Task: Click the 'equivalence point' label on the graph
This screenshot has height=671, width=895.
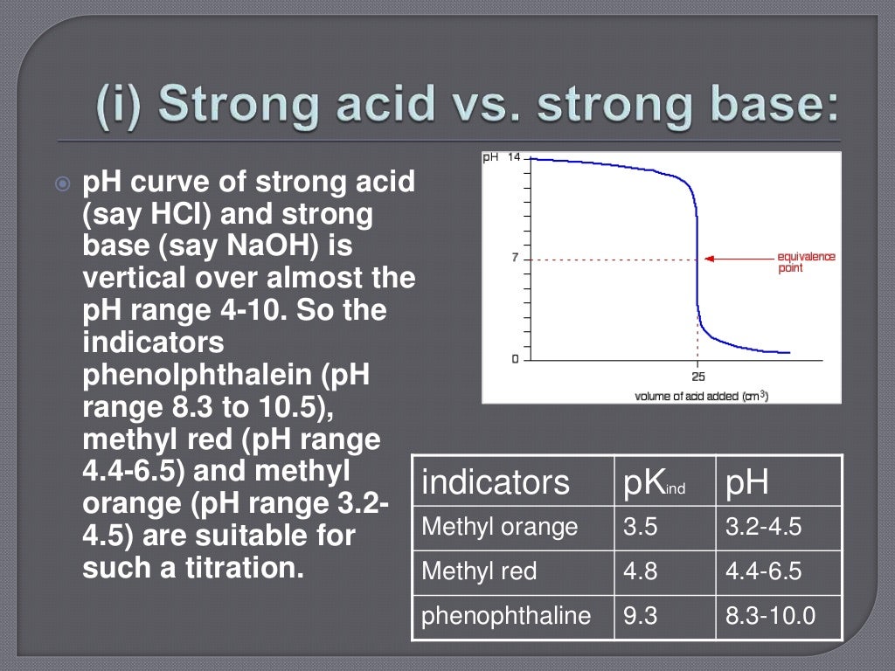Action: pyautogui.click(x=805, y=262)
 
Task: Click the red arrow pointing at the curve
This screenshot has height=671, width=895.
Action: pyautogui.click(x=738, y=259)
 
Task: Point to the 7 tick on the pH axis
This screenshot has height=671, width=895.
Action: pyautogui.click(x=516, y=258)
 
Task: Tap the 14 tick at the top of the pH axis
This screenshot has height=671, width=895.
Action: pyautogui.click(x=513, y=157)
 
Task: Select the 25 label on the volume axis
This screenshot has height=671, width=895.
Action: pyautogui.click(x=697, y=377)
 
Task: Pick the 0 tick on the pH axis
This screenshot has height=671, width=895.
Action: pyautogui.click(x=516, y=358)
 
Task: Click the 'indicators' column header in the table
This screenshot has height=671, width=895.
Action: pyautogui.click(x=495, y=481)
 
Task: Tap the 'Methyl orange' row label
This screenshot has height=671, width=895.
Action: pyautogui.click(x=499, y=527)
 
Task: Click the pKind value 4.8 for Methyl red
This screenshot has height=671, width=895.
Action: pyautogui.click(x=640, y=571)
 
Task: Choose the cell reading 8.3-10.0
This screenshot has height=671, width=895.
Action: pyautogui.click(x=770, y=617)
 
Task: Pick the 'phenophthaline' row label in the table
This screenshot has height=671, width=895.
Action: pyautogui.click(x=506, y=617)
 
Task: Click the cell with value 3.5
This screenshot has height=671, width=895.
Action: pyautogui.click(x=640, y=527)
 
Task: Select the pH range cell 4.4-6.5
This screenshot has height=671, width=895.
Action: pyautogui.click(x=763, y=571)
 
